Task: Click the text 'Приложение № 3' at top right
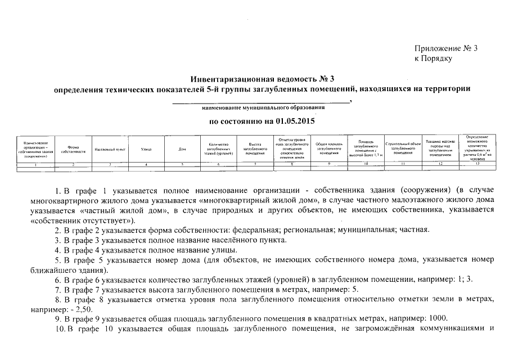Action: [x=445, y=48]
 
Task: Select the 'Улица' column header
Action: [x=146, y=149]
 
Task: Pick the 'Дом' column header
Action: [x=182, y=149]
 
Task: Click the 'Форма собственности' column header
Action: [x=73, y=149]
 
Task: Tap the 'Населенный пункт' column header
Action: [x=110, y=149]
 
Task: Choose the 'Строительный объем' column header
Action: [x=403, y=149]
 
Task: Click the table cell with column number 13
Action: [x=477, y=163]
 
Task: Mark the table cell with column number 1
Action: [x=35, y=163]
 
